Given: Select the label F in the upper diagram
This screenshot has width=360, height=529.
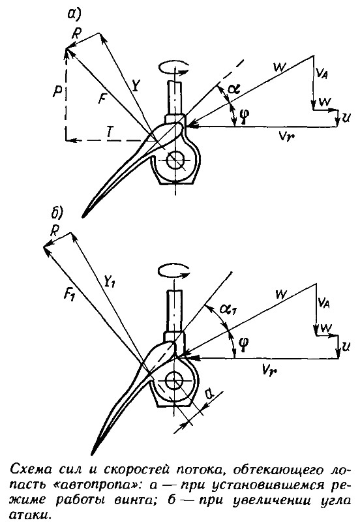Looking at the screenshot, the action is pyautogui.click(x=102, y=99).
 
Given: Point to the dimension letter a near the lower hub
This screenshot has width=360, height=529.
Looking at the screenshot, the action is pyautogui.click(x=210, y=393).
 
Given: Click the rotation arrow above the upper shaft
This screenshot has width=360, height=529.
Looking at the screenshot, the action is pyautogui.click(x=173, y=67).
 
